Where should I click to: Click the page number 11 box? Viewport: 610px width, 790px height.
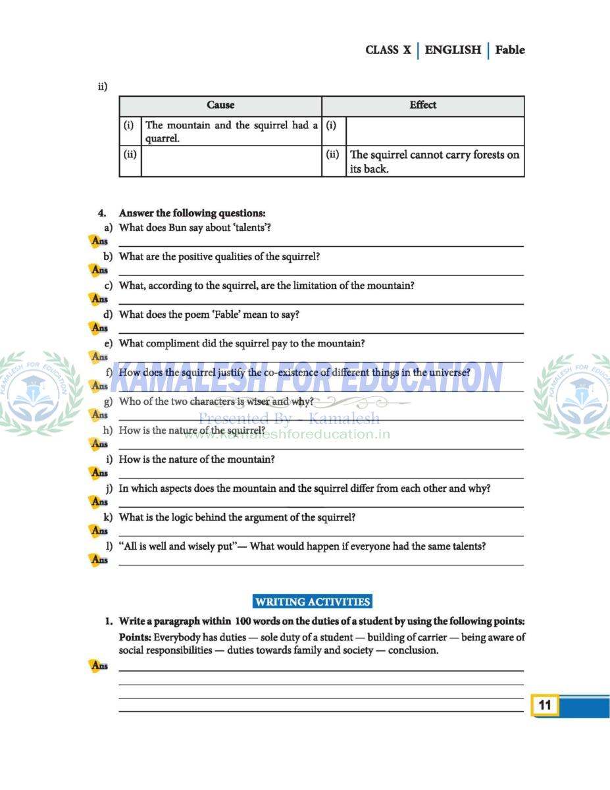(x=545, y=705)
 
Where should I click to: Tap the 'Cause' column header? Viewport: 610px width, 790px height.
(x=220, y=105)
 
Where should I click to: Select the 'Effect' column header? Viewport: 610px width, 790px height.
(x=422, y=105)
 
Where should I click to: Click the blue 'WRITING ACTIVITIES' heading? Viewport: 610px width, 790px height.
(x=313, y=602)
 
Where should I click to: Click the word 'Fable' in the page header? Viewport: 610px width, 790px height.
(x=510, y=50)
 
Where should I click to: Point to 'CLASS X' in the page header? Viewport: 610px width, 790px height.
(x=388, y=50)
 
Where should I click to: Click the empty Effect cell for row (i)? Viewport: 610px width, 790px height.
(x=434, y=131)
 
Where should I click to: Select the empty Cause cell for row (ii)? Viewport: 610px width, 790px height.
(x=231, y=161)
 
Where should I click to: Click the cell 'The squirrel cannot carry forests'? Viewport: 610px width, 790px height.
(x=434, y=161)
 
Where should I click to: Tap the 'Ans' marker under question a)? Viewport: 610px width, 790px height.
(x=99, y=242)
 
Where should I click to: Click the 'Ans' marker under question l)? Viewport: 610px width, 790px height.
(x=99, y=560)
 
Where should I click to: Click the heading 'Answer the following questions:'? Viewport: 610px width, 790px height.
(x=192, y=213)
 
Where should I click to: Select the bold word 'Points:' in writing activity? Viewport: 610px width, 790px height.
(x=135, y=637)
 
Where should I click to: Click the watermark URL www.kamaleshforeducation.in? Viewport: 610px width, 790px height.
(x=286, y=434)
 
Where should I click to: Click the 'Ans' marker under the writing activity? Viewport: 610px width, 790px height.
(x=99, y=666)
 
